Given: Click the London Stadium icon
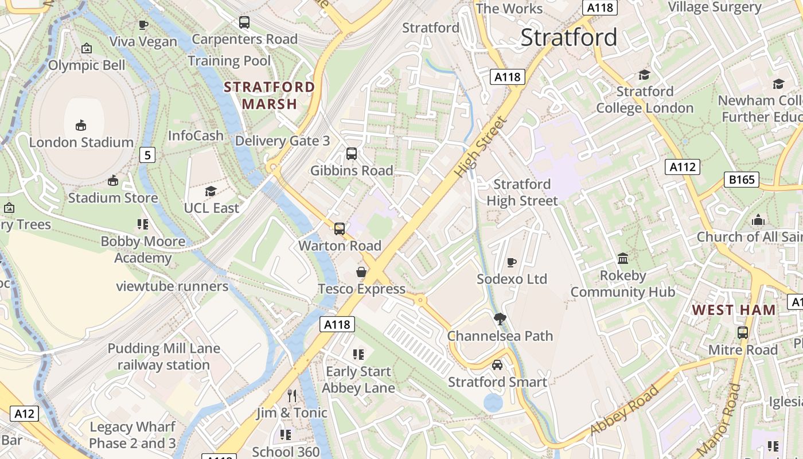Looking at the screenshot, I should point(81,126).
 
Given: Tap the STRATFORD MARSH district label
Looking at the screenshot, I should point(269,96).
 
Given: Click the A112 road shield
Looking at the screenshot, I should point(683,167).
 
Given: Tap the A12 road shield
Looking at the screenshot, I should point(25,414).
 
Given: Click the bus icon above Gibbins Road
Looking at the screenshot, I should point(352,154).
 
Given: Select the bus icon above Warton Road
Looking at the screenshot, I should point(340,229).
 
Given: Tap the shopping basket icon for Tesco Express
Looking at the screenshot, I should point(361,272).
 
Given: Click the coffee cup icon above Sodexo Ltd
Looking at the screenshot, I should point(512,262).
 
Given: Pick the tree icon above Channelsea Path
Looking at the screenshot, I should point(500,319).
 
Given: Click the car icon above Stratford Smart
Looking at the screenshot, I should point(497,365).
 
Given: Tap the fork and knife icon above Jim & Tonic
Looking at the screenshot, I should point(292,395).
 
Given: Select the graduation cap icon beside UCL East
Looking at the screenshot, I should point(211,191).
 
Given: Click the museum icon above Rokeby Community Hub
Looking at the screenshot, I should point(622,259).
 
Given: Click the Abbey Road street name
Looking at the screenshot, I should point(625,410).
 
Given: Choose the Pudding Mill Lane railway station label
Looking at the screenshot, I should point(164,357).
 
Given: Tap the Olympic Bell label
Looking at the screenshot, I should point(87,65).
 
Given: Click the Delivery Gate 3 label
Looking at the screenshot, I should point(283,141).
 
